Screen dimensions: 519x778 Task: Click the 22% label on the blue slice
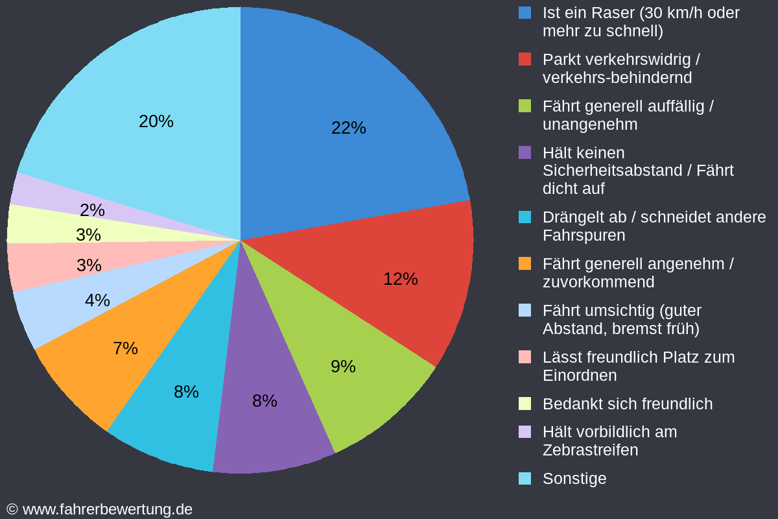[349, 128]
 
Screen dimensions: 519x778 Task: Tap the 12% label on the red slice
[401, 279]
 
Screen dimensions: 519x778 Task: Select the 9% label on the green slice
[343, 367]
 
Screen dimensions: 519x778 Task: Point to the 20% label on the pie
[156, 121]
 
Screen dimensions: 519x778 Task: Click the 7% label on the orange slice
[125, 348]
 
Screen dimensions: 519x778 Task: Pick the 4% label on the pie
[97, 300]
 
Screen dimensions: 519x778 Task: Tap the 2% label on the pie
[92, 210]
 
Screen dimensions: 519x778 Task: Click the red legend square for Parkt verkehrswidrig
[525, 59]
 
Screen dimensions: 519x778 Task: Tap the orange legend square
[525, 263]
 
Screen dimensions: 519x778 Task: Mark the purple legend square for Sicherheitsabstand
[525, 152]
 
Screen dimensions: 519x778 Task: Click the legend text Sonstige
[574, 478]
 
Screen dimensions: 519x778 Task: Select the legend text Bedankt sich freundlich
[627, 404]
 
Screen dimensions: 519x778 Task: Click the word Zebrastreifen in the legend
[590, 450]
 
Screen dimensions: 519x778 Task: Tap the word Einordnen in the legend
[579, 375]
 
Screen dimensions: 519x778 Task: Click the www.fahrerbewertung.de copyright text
[107, 509]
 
